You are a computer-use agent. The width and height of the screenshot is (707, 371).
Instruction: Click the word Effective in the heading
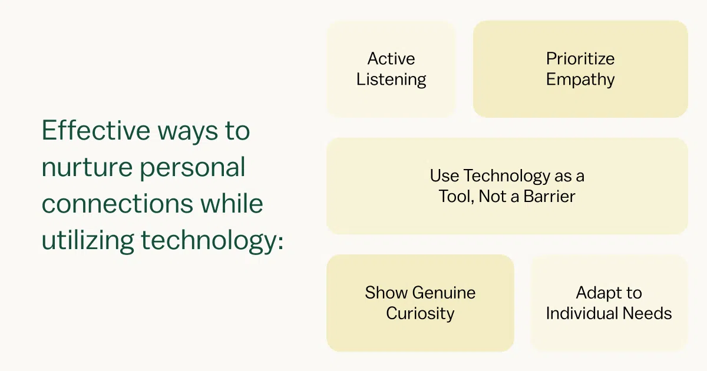[96, 130]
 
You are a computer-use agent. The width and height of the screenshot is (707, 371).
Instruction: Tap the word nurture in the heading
[87, 167]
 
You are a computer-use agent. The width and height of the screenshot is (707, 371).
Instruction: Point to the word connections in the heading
[117, 204]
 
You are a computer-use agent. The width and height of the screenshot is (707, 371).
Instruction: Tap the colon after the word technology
[280, 243]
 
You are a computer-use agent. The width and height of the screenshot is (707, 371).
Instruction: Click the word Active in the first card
[391, 59]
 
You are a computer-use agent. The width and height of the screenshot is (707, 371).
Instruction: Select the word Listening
[391, 80]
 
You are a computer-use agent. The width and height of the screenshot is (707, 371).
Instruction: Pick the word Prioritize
[580, 59]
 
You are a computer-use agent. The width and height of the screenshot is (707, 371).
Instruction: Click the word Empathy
[580, 80]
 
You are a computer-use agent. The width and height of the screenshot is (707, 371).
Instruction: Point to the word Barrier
[549, 196]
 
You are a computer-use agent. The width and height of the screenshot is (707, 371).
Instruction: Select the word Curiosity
[420, 314]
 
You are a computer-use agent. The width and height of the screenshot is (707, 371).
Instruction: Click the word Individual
[582, 313]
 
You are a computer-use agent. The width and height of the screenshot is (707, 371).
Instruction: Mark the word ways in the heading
[188, 132]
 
